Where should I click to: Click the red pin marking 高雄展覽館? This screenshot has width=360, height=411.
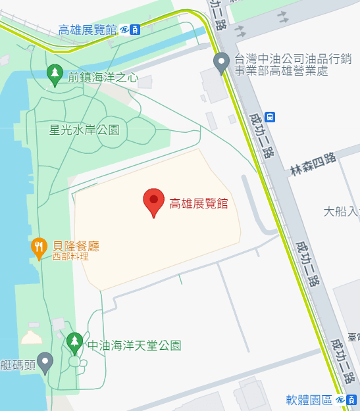click(154, 200)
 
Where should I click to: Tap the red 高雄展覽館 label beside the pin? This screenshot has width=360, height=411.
click(198, 203)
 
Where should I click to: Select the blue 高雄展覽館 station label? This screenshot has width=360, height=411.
click(88, 30)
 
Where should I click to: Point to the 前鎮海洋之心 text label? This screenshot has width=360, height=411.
click(103, 78)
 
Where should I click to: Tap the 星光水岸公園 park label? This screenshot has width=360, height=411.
click(84, 130)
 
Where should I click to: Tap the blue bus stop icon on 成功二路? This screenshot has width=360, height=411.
click(270, 116)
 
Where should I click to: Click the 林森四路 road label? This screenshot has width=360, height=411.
click(313, 164)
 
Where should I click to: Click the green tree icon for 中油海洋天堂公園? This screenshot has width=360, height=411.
click(74, 341)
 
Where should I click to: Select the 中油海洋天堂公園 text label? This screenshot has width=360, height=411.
click(134, 345)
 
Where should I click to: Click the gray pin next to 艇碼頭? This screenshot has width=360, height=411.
click(45, 361)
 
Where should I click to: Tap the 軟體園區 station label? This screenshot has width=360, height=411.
click(309, 400)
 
